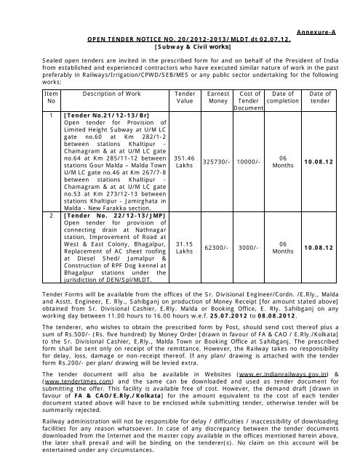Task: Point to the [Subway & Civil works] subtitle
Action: click(188, 44)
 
